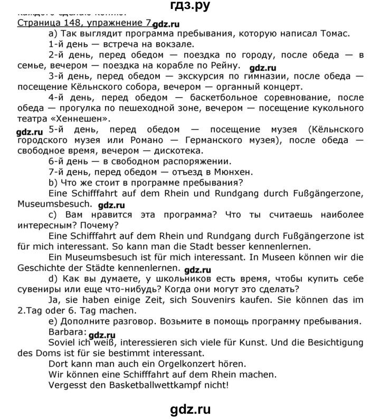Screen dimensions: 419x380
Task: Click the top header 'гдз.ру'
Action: click(x=191, y=6)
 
